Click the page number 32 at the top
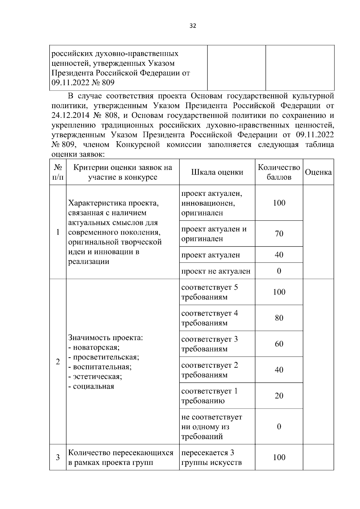193,26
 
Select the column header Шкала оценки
217,172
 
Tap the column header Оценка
318,172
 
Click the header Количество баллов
279,172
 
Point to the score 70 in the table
279,234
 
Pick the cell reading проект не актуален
216,271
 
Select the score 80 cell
279,318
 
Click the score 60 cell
279,344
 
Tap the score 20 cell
279,396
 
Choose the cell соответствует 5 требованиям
209,292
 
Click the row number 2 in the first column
58,362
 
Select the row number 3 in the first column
58,457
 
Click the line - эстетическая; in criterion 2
95,376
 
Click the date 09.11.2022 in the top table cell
70,82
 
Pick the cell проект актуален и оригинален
214,234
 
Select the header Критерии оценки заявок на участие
122,172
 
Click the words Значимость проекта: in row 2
106,338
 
